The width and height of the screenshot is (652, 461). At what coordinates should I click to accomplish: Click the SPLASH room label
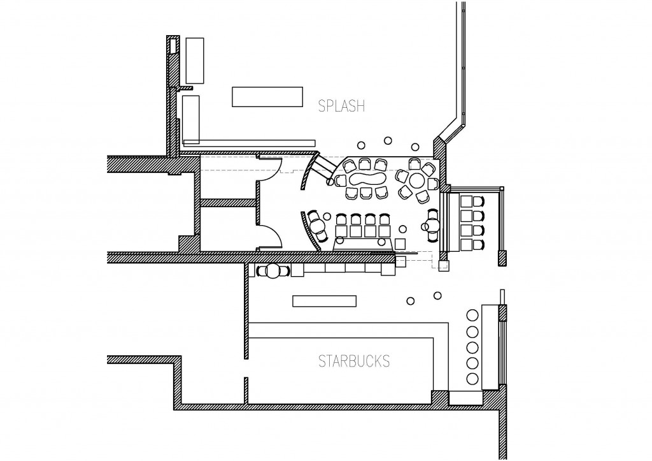[341, 106]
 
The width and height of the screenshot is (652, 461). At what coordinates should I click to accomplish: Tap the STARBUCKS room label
[354, 361]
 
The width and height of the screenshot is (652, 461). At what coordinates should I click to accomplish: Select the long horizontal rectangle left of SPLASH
[267, 97]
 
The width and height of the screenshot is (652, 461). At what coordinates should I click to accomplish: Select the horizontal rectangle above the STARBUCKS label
[324, 301]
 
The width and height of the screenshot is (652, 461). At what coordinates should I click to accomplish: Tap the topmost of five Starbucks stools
[472, 315]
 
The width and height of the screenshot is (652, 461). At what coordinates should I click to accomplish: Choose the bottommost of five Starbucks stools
[472, 379]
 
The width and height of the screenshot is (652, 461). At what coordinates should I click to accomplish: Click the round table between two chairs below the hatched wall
[273, 272]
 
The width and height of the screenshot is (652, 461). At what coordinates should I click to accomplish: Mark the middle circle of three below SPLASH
[388, 141]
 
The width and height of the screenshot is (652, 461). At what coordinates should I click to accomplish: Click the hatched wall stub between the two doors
[228, 203]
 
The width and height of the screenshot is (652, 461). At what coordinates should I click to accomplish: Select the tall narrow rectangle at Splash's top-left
[195, 61]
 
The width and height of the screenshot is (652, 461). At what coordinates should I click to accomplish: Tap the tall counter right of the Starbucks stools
[490, 348]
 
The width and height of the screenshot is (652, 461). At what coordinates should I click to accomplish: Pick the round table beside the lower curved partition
[318, 226]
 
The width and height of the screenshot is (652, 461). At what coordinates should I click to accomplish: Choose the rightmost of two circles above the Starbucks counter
[437, 296]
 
